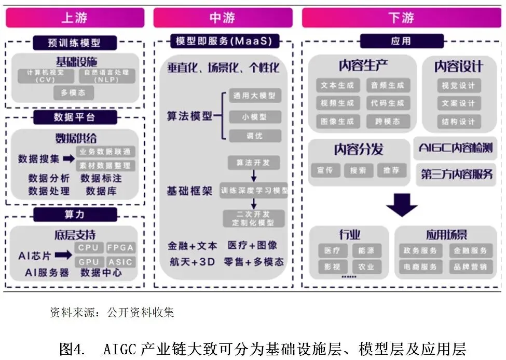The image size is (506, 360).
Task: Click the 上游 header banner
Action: pos(75,18)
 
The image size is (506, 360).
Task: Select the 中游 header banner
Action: pos(223,18)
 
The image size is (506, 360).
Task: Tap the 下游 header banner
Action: pos(401,18)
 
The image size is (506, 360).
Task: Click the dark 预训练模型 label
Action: pos(74,42)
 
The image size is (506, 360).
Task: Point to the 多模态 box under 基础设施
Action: pos(74,93)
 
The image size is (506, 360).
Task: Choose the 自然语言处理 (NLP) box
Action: pos(107,76)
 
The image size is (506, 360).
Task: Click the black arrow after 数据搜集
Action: pos(69,158)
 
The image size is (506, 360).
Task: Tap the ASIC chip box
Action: pos(120,262)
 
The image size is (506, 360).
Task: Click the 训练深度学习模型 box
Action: pos(254,190)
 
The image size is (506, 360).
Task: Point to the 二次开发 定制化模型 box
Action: pos(254,218)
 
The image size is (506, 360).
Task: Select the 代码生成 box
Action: pos(388,103)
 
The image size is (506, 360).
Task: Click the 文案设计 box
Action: pos(459,103)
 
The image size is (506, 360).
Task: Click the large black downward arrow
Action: pos(401,205)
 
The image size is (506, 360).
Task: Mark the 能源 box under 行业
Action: pos(366,251)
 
